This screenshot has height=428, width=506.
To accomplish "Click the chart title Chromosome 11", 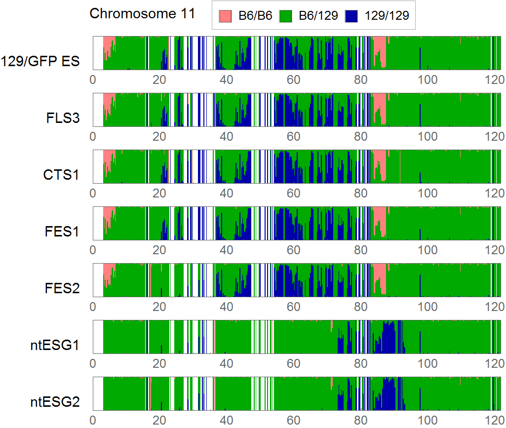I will [x=142, y=14].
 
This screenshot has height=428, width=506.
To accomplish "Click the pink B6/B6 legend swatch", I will [x=225, y=16].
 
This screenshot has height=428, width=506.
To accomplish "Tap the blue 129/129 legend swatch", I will [x=351, y=16].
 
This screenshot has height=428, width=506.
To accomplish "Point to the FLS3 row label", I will [x=62, y=118].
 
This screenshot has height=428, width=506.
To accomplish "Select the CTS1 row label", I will [x=61, y=175].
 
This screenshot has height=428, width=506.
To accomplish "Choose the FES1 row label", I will [x=62, y=232].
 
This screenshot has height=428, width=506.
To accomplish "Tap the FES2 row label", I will [x=62, y=288].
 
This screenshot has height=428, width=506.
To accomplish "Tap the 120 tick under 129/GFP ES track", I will [x=494, y=80].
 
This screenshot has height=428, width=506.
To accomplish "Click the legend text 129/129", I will [x=387, y=16].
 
